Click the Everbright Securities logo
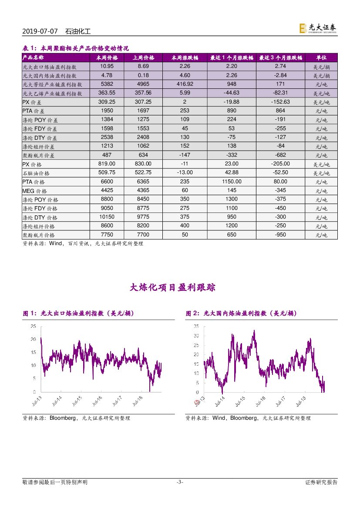pyautogui.click(x=317, y=28)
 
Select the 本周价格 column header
pyautogui.click(x=107, y=57)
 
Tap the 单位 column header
pyautogui.click(x=321, y=57)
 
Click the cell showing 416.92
pyautogui.click(x=185, y=84)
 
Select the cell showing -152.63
pyautogui.click(x=280, y=102)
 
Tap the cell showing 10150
pyautogui.click(x=107, y=217)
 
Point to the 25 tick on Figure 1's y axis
pyautogui.click(x=33, y=327)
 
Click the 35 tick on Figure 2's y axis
pyautogui.click(x=196, y=326)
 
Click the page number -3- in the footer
pyautogui.click(x=180, y=482)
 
